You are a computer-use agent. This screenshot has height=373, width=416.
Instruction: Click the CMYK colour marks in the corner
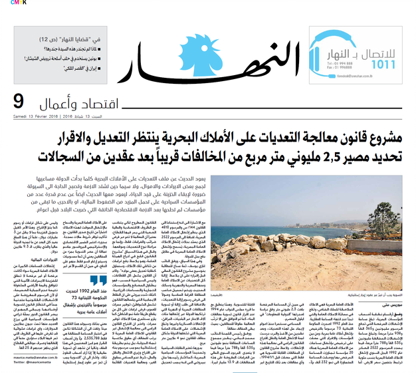click(7, 3)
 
